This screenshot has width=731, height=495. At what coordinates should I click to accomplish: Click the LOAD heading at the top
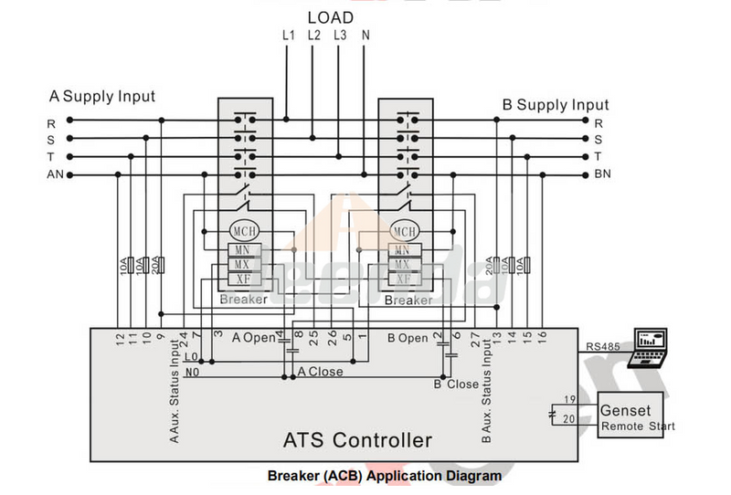[x=330, y=16]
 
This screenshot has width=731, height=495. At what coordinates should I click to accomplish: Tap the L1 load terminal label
[x=289, y=36]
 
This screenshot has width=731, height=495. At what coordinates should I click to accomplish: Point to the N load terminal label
[x=365, y=36]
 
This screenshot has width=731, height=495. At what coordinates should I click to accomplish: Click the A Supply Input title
[x=102, y=96]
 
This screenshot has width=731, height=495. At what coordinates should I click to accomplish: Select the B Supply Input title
[x=556, y=105]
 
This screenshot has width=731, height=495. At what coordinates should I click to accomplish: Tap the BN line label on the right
[x=602, y=174]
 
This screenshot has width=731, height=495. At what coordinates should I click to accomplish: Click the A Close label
[x=321, y=372]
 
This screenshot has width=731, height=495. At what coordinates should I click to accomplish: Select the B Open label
[x=408, y=338]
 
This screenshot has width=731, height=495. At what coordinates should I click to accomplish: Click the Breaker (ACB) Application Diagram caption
[x=385, y=476]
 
